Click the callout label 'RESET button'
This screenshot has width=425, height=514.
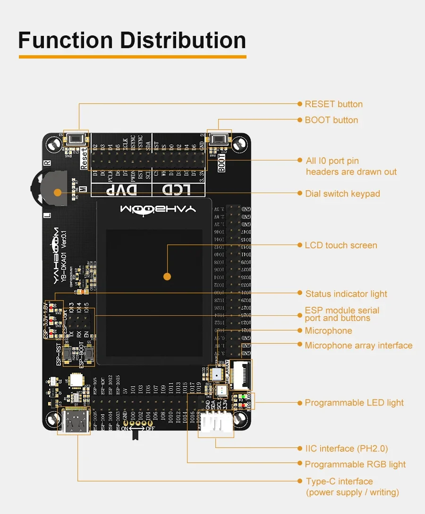pyautogui.click(x=333, y=104)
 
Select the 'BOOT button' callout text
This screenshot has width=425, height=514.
pyautogui.click(x=331, y=120)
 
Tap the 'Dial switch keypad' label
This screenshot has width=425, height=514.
pyautogui.click(x=342, y=194)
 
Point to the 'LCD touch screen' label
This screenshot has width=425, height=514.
pyautogui.click(x=340, y=245)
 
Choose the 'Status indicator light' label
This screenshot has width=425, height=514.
pyautogui.click(x=346, y=294)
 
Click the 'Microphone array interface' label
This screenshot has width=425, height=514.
pyautogui.click(x=358, y=345)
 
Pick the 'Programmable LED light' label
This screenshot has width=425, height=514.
pyautogui.click(x=354, y=403)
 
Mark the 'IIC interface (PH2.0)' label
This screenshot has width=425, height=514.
pyautogui.click(x=346, y=448)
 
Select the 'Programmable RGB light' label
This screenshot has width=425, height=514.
pyautogui.click(x=355, y=464)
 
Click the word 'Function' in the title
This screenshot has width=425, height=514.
pyautogui.click(x=65, y=41)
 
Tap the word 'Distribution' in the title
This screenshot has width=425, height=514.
pyautogui.click(x=183, y=41)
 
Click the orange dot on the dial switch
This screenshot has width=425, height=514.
pyautogui.click(x=58, y=193)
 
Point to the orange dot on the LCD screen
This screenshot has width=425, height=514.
pyautogui.click(x=166, y=276)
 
